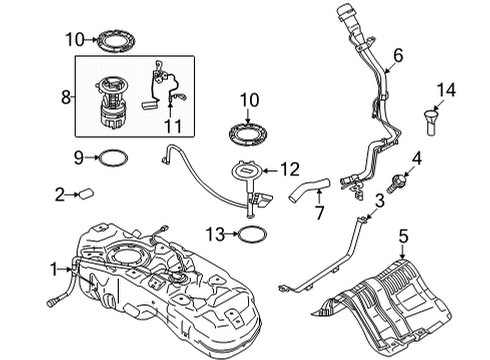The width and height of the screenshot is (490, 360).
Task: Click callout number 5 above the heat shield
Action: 403,237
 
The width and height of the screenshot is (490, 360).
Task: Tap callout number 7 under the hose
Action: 319,213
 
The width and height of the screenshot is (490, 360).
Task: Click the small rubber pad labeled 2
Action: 86,193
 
